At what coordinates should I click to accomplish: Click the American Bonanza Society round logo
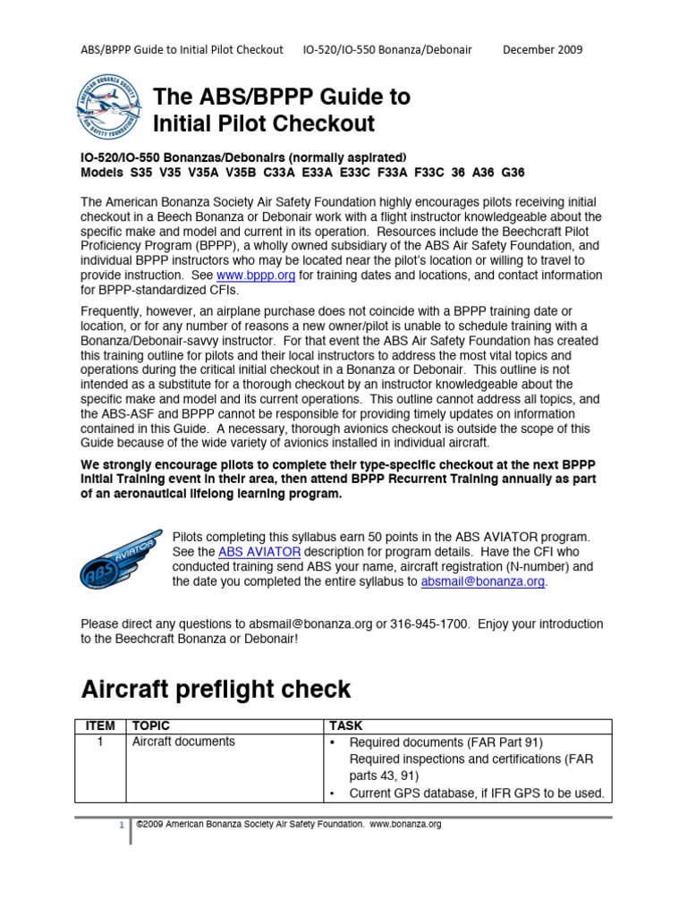109,107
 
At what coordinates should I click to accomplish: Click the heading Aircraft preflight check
216,690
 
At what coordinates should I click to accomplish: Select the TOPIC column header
151,726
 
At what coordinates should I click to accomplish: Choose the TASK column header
346,726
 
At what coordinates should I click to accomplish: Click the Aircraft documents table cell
183,742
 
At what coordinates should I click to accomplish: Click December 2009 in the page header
542,49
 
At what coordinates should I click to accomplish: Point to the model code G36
513,173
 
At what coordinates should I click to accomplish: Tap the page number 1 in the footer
121,826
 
